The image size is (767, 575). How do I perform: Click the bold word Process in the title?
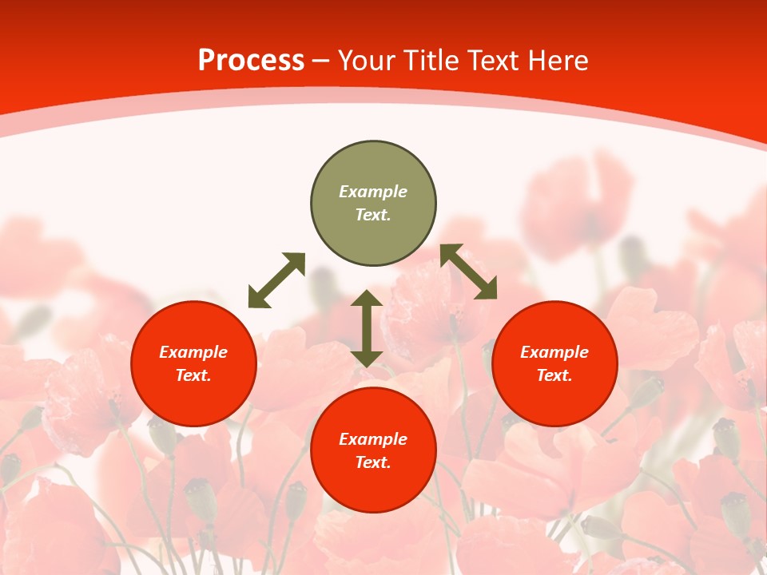(x=251, y=61)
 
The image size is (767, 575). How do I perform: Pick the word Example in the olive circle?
(x=373, y=192)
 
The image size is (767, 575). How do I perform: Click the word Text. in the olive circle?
(x=373, y=215)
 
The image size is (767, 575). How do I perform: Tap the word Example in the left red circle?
(x=193, y=352)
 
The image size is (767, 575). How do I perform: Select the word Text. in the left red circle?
(x=193, y=375)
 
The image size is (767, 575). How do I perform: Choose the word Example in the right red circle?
(x=554, y=352)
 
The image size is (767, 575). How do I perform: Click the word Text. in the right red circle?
(x=554, y=375)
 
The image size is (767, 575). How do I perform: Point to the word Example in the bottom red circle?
(x=373, y=439)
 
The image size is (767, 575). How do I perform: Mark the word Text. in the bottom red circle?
(x=373, y=462)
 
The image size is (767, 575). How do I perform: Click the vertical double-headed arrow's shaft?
(x=367, y=328)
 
